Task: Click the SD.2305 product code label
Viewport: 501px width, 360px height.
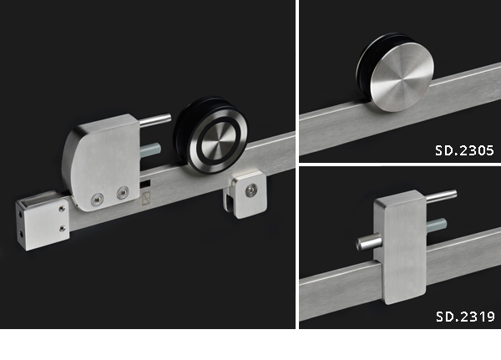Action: [464, 150]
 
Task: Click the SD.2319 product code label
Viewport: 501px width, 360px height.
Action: [465, 317]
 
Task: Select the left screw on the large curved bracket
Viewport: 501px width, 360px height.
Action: [97, 200]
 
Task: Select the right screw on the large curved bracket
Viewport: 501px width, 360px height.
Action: [123, 193]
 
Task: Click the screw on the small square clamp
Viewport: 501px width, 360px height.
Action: [250, 191]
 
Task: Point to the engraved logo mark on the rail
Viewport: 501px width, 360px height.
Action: [145, 198]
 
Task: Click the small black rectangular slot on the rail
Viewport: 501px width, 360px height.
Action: [144, 185]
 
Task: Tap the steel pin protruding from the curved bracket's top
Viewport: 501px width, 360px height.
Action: [155, 119]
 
